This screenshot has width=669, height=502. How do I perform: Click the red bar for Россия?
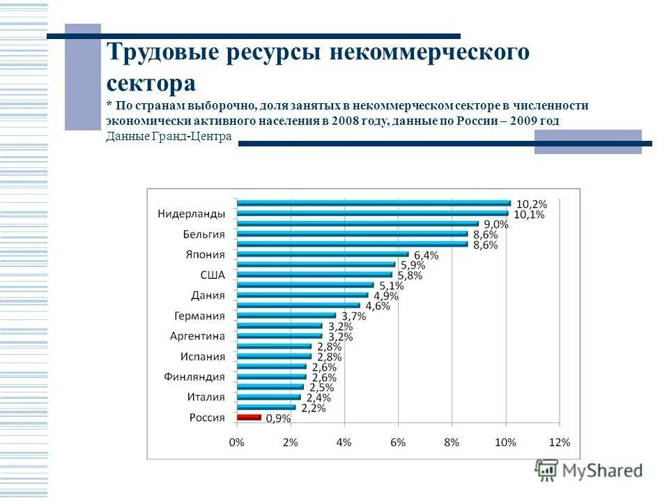tap(249, 417)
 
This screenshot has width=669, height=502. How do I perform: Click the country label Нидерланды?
tap(190, 214)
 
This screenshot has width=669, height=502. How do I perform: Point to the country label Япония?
tap(205, 254)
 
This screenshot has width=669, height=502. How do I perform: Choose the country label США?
tap(213, 275)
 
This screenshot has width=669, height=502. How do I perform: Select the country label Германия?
tap(199, 316)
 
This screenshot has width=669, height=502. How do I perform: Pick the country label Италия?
tap(206, 397)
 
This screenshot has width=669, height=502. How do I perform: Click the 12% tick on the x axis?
tap(560, 442)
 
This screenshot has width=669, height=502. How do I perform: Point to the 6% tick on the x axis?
tap(398, 442)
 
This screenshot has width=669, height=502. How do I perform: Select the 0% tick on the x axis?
tap(237, 442)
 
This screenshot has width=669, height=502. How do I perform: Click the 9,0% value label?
tap(495, 225)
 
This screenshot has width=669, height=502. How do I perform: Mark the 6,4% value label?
tap(426, 255)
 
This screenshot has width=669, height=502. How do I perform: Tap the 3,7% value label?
tap(353, 317)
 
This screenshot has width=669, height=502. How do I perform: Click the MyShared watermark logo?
tap(589, 470)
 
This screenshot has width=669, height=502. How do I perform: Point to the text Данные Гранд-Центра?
tap(169, 136)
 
